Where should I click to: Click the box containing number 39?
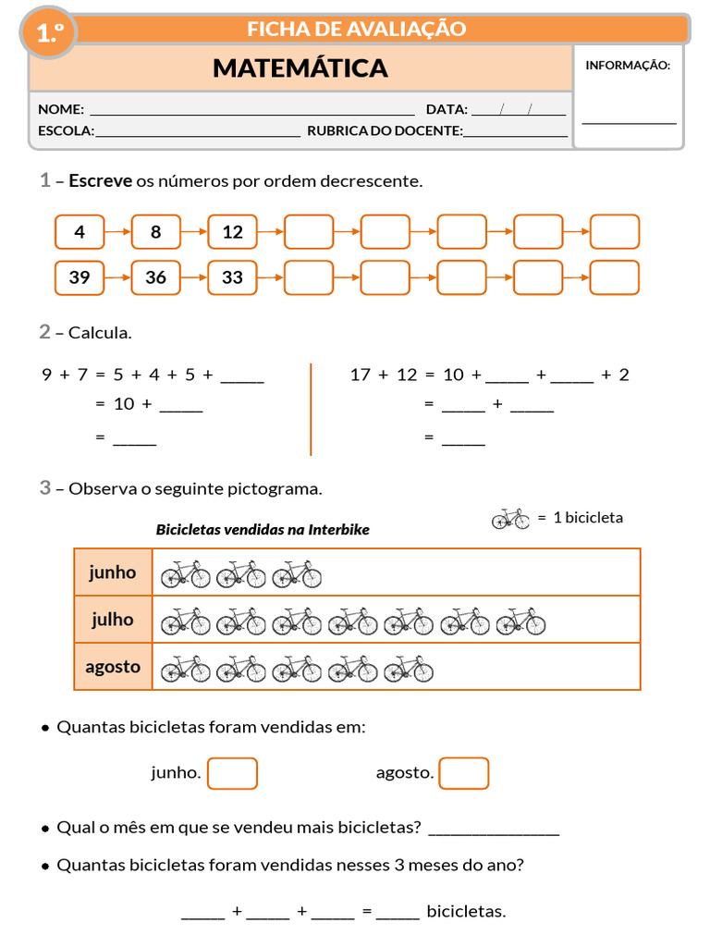[x=80, y=277]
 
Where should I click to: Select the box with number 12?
[x=232, y=232]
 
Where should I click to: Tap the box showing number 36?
[x=155, y=277]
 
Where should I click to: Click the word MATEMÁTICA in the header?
[x=300, y=68]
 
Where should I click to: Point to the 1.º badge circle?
[x=49, y=32]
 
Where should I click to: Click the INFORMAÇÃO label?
[x=628, y=66]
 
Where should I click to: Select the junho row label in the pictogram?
[x=112, y=572]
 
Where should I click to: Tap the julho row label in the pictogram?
[x=112, y=619]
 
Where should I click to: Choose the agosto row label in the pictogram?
[x=112, y=667]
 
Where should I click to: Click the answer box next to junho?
[x=232, y=774]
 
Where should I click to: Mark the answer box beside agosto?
[x=464, y=774]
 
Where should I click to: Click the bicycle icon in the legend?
[x=510, y=518]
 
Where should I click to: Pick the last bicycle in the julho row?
[x=521, y=621]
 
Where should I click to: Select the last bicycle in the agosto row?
[x=409, y=669]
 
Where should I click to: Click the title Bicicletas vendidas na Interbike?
[x=263, y=530]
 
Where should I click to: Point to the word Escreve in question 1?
[x=100, y=180]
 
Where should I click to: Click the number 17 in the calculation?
[x=360, y=375]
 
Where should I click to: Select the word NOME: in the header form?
[x=61, y=109]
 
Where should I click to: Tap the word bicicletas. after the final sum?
[x=466, y=911]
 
